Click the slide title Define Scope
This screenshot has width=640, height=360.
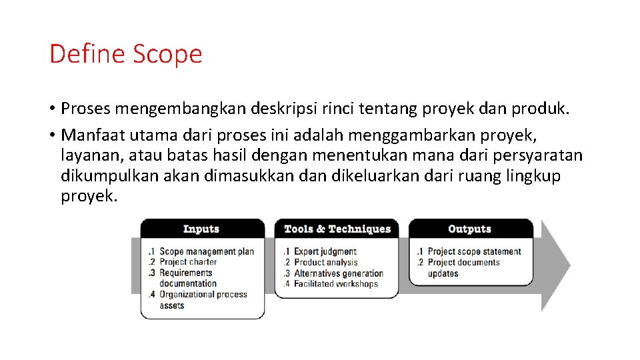125,53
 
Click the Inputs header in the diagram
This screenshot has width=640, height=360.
201,229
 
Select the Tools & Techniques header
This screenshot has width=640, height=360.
337,229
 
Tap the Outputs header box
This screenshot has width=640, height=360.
470,229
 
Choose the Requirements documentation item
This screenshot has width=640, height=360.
187,278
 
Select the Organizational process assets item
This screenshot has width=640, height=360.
203,300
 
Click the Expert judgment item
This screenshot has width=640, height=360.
325,251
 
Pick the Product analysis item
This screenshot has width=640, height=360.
326,262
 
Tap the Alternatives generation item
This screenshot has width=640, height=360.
338,273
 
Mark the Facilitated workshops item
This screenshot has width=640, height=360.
335,284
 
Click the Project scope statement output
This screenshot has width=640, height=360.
474,251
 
